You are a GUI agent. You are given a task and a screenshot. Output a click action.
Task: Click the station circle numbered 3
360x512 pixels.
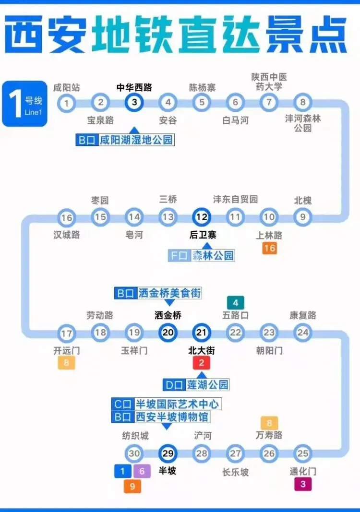(134, 102)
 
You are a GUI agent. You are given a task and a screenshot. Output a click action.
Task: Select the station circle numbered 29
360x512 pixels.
(168, 453)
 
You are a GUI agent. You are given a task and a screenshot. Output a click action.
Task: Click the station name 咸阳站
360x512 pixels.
(67, 88)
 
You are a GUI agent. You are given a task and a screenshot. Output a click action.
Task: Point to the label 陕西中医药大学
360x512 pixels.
(269, 82)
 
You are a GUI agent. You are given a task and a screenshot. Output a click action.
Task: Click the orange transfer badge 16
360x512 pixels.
(269, 248)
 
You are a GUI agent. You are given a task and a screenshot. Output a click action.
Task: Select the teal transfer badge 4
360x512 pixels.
(236, 303)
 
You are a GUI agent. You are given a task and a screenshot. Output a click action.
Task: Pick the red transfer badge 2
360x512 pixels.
(202, 363)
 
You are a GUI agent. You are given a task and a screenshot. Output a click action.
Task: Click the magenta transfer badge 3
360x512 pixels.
(303, 484)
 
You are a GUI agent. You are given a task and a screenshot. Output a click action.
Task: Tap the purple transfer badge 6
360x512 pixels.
(142, 471)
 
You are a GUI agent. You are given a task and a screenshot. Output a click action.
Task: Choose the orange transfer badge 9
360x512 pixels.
(132, 486)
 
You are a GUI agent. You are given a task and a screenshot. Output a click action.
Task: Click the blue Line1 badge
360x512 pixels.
(24, 104)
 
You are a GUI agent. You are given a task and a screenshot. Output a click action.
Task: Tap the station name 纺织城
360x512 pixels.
(135, 436)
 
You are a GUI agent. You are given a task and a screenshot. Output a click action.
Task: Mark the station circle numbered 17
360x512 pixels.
(67, 333)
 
